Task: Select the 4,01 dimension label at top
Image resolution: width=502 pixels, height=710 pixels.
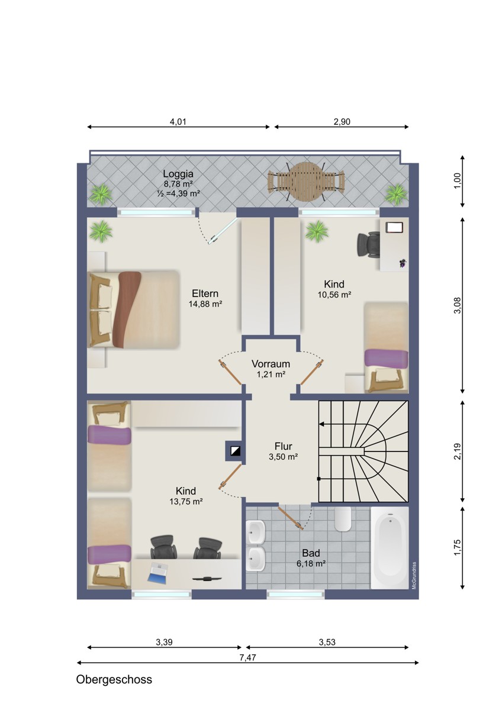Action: [178, 122]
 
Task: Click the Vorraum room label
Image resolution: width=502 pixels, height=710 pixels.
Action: [271, 363]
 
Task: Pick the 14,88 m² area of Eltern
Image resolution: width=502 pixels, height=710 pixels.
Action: [205, 304]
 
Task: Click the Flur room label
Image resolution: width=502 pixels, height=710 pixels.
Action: [283, 446]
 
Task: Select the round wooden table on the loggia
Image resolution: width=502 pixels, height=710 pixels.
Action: [305, 181]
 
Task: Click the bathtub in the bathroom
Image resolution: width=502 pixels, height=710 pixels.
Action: [390, 547]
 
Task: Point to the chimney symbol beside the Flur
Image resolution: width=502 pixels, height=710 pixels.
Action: [235, 451]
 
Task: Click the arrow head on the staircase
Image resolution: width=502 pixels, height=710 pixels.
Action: [321, 424]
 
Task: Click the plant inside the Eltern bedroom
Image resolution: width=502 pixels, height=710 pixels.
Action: [101, 231]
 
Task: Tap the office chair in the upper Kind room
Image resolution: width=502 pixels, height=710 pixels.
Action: [368, 244]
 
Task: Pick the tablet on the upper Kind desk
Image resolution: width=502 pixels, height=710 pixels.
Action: [394, 227]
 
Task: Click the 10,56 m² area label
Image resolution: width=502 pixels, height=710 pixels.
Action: [334, 295]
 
